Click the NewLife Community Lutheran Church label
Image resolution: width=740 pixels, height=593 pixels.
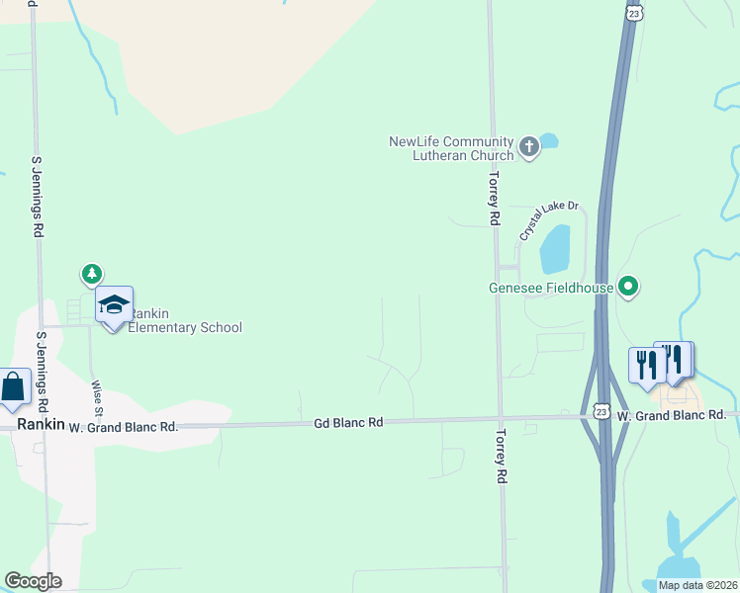pyautogui.click(x=451, y=148)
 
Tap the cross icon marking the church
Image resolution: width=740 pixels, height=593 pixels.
pyautogui.click(x=529, y=148)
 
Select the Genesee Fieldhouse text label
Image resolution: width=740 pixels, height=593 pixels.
pyautogui.click(x=551, y=289)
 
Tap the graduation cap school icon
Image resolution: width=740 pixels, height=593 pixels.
pyautogui.click(x=114, y=305)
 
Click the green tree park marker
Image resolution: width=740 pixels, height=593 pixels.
pyautogui.click(x=92, y=273)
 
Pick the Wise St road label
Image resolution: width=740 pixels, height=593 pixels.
pyautogui.click(x=97, y=398)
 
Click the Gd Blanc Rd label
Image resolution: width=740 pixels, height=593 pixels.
pyautogui.click(x=347, y=422)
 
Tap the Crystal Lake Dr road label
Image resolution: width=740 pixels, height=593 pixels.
pyautogui.click(x=548, y=221)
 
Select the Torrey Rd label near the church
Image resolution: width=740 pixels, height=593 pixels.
pyautogui.click(x=493, y=199)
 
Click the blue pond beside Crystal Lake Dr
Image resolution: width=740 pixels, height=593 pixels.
pyautogui.click(x=555, y=250)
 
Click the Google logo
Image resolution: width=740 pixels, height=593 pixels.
pyautogui.click(x=33, y=581)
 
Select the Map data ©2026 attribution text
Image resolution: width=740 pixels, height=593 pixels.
pyautogui.click(x=697, y=585)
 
